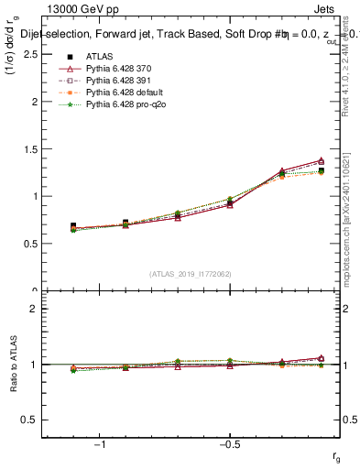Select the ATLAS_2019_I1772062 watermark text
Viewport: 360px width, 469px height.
click(x=191, y=274)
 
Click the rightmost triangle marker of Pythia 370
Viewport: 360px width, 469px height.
click(x=321, y=161)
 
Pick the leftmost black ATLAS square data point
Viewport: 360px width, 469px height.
click(x=73, y=225)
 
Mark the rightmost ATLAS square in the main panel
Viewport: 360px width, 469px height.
click(x=321, y=170)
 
